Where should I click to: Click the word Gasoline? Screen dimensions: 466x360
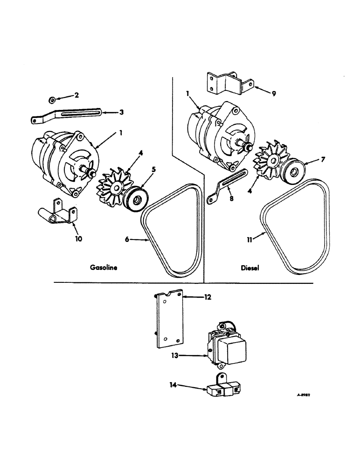click(103, 268)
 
